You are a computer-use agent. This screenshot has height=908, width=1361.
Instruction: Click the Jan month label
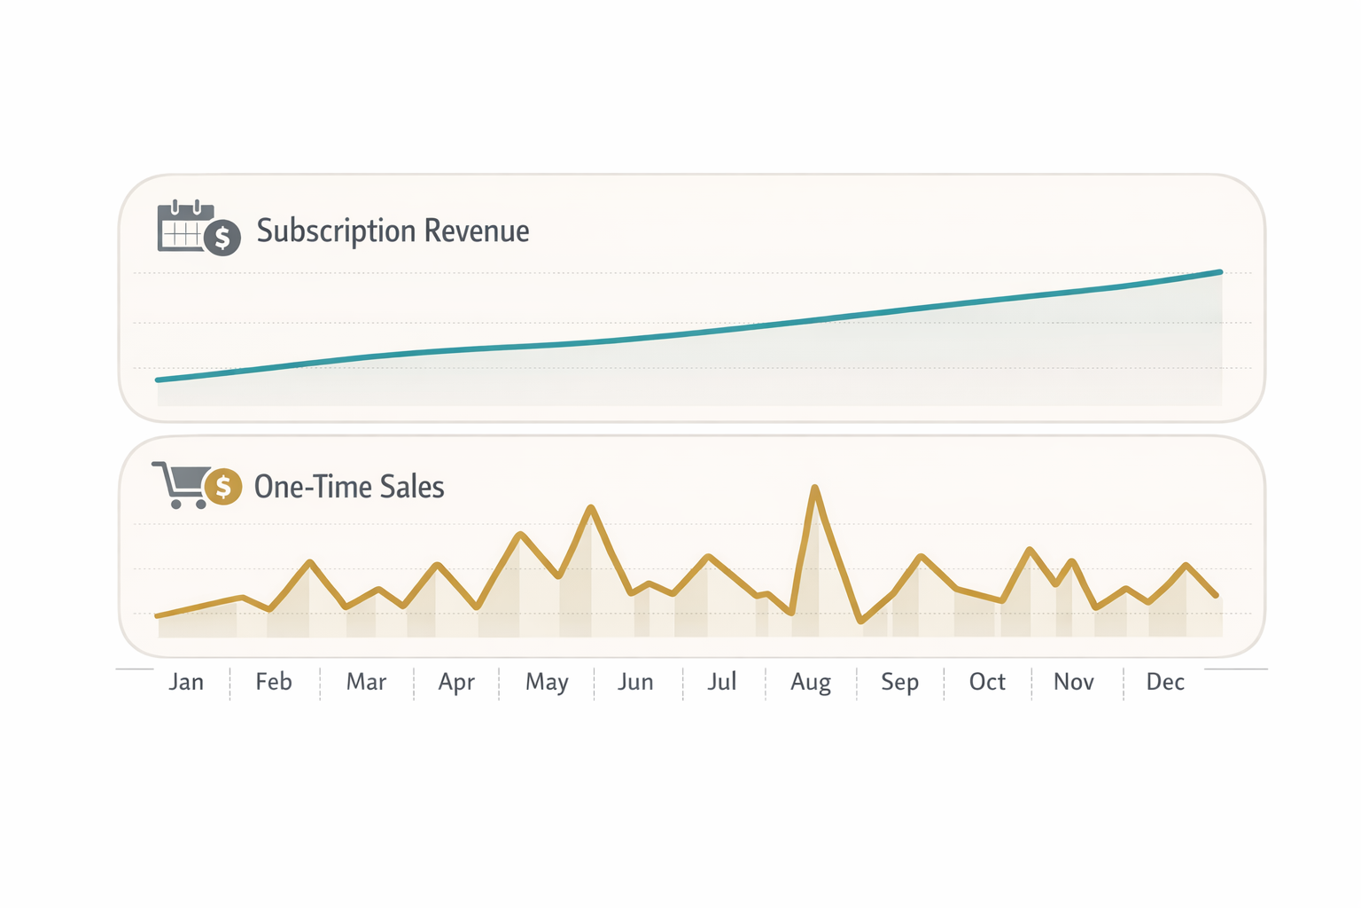[x=186, y=682]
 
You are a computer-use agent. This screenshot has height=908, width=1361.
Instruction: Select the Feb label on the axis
[x=274, y=682]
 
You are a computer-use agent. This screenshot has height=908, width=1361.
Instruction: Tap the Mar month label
[x=366, y=682]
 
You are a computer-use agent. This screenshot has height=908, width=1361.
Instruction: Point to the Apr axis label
[x=456, y=682]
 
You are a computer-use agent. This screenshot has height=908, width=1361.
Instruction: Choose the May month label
[x=547, y=682]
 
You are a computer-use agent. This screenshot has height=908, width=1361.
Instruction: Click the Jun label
[x=635, y=682]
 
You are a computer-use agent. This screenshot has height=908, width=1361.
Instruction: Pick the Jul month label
[x=722, y=682]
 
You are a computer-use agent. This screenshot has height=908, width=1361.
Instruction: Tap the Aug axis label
[x=811, y=682]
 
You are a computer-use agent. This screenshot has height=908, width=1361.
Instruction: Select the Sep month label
[x=899, y=682]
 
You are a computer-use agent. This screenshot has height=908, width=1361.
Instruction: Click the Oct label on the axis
[x=987, y=682]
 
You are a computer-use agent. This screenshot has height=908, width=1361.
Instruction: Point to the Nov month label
[x=1074, y=682]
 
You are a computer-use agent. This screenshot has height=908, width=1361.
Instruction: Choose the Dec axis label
[x=1165, y=682]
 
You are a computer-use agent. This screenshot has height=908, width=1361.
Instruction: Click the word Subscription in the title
[x=337, y=231]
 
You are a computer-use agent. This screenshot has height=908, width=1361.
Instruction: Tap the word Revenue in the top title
[x=477, y=231]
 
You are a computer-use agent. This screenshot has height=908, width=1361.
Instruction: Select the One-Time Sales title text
[x=349, y=487]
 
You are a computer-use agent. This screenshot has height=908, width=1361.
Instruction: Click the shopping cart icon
[x=181, y=484]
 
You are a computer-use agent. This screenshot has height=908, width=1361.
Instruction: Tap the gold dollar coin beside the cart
[x=223, y=487]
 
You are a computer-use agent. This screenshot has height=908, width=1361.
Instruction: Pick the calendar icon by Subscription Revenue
[x=184, y=227]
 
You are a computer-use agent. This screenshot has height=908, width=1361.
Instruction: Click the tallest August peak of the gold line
[x=815, y=488]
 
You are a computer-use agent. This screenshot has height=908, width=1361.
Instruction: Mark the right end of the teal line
[x=1220, y=272]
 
